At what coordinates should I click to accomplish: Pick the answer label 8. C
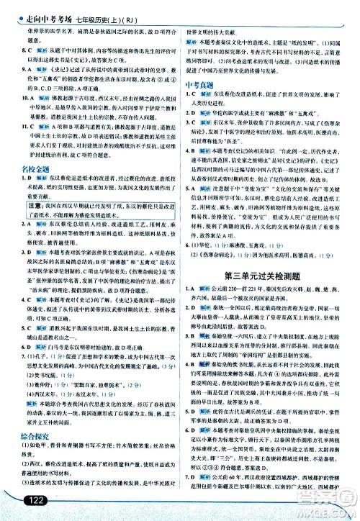click(x=19, y=50)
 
